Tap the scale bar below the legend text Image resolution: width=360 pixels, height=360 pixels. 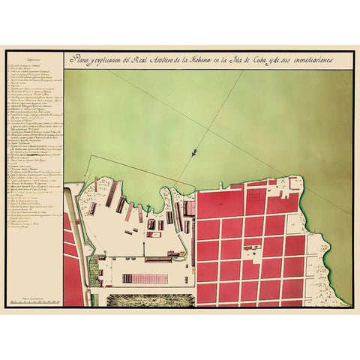[33, 301]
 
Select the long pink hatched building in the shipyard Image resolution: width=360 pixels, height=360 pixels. [145, 278]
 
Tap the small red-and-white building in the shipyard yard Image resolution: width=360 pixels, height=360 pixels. [156, 235]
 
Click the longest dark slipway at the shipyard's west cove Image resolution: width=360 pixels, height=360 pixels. [110, 194]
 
